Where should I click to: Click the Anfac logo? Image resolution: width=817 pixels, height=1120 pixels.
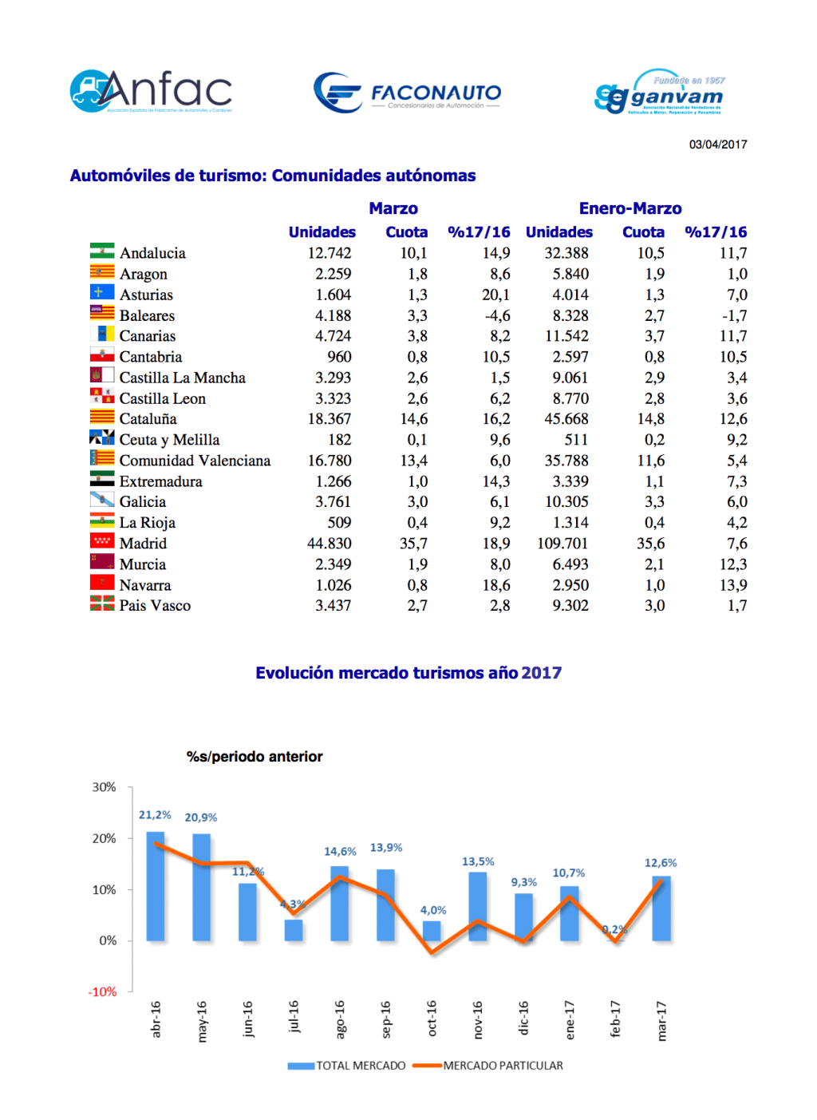tap(152, 91)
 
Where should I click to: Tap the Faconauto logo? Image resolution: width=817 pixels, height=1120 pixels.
tap(408, 93)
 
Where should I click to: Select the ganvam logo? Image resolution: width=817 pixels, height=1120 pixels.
tap(660, 93)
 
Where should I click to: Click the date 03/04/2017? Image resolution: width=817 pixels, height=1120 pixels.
tap(718, 144)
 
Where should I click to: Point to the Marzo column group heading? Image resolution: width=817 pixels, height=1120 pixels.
tap(393, 208)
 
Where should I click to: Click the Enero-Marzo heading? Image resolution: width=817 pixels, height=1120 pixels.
tap(630, 208)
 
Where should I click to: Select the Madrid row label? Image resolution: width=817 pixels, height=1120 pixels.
tap(143, 544)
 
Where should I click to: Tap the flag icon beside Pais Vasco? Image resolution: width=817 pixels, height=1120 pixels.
tap(102, 604)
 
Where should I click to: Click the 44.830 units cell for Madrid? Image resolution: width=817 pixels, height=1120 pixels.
tap(330, 544)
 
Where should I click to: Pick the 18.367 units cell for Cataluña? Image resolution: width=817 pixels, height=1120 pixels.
tap(330, 419)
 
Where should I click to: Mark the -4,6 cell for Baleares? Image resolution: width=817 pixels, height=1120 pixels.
tap(497, 315)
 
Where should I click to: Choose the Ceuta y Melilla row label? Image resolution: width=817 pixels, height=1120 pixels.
tap(169, 440)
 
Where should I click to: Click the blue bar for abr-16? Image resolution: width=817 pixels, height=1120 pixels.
tap(156, 886)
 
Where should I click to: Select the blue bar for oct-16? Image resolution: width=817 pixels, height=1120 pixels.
tap(432, 931)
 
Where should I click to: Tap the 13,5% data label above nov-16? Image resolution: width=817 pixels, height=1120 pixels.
tap(478, 861)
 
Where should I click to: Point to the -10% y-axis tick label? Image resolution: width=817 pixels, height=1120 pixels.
tap(102, 991)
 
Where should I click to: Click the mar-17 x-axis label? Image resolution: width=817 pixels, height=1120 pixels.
tap(661, 1020)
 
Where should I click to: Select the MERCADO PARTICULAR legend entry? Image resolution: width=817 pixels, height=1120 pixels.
tap(503, 1066)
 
